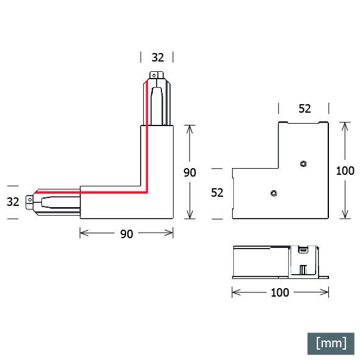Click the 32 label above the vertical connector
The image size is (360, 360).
(x=158, y=57)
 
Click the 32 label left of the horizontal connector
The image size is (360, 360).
(x=13, y=202)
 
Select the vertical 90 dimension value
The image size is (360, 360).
(x=189, y=172)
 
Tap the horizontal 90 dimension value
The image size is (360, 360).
(x=127, y=234)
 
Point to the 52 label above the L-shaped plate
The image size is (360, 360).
(x=305, y=108)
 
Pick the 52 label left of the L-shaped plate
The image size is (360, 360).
(x=217, y=192)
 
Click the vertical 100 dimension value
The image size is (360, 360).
(x=345, y=171)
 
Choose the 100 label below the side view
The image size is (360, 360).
(x=280, y=293)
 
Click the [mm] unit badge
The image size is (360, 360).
(x=331, y=344)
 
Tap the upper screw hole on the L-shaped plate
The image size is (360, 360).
(x=303, y=164)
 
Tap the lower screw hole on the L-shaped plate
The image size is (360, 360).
(x=274, y=193)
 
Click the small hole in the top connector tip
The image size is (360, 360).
(x=154, y=76)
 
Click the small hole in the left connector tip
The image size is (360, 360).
(x=30, y=200)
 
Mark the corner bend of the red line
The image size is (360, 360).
(x=147, y=192)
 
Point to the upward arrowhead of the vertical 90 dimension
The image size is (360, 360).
(x=189, y=129)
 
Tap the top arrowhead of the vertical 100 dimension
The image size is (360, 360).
(x=345, y=127)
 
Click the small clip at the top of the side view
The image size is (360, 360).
(x=303, y=249)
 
